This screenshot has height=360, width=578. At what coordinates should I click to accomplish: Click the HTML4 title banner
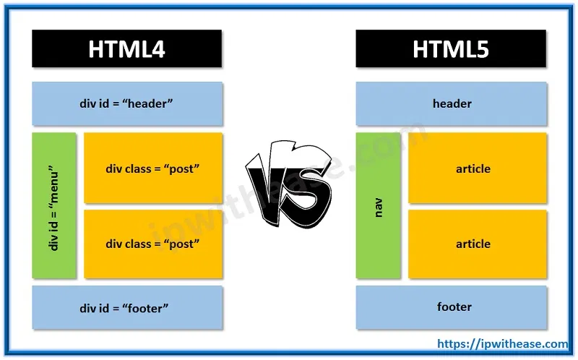point(126,49)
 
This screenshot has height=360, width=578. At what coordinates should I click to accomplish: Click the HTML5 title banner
point(452,49)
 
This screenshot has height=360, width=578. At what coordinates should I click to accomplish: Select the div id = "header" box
point(126,103)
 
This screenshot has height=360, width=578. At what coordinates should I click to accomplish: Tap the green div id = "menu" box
point(54,205)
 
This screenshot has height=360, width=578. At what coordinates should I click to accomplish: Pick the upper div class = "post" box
point(153,168)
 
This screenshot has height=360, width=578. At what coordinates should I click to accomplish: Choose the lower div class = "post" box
point(153,244)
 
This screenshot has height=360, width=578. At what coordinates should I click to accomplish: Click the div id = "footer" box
point(126,307)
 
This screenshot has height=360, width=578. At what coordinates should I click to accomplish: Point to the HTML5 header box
point(452,103)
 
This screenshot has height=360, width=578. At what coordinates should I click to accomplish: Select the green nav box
point(379,205)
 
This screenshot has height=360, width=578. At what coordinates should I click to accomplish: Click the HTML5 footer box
point(452,307)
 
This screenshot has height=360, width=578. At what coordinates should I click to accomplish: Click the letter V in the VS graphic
point(271,177)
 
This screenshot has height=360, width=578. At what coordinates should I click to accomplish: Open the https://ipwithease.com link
point(504,345)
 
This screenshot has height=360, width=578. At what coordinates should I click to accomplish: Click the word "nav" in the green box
point(379,206)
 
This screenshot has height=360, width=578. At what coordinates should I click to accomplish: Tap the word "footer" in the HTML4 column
point(146,308)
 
